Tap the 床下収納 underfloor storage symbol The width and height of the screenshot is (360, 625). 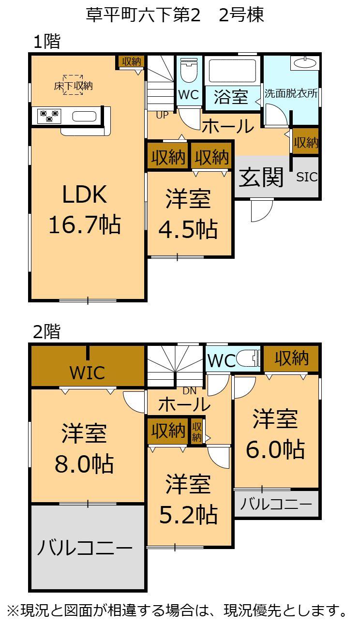point(73,85)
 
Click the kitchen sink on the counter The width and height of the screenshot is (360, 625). point(84,116)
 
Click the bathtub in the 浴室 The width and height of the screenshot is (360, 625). point(232,72)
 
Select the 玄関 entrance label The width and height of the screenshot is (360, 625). point(261,178)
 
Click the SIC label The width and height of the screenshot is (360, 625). point(307,177)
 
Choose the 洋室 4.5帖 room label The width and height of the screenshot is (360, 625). point(188,214)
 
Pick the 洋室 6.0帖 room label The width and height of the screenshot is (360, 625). point(275,433)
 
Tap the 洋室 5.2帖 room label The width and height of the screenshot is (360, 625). point(188,499)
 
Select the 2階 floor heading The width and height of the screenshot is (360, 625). point(46,332)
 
